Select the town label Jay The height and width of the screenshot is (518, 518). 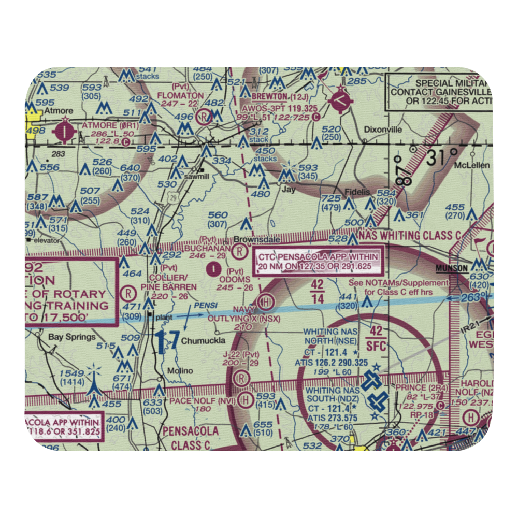(x=288, y=190)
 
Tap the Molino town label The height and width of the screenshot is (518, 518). (x=180, y=371)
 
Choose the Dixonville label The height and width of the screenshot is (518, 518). (x=383, y=130)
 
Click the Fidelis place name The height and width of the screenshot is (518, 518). (x=358, y=192)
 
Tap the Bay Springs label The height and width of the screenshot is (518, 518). (x=72, y=337)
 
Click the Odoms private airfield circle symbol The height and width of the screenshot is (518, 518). (x=213, y=268)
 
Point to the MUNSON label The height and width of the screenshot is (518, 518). (x=452, y=268)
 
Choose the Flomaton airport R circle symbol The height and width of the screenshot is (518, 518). (x=206, y=116)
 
